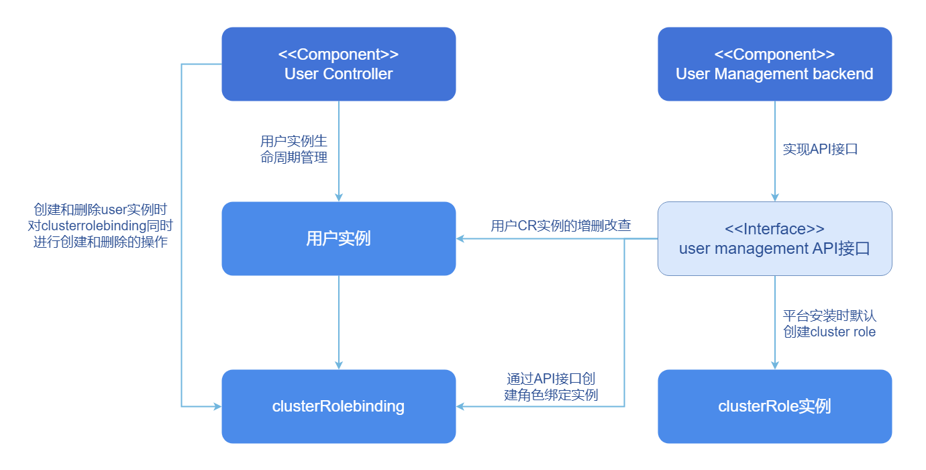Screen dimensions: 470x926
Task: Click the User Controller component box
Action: pyautogui.click(x=338, y=64)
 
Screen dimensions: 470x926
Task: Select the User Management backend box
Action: pyautogui.click(x=774, y=64)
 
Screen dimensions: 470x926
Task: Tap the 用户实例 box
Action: pyautogui.click(x=338, y=238)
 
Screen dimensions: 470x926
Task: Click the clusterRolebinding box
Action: pyautogui.click(x=338, y=406)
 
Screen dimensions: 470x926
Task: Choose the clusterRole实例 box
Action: pyautogui.click(x=774, y=406)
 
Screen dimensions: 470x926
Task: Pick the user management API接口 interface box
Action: pyautogui.click(x=774, y=238)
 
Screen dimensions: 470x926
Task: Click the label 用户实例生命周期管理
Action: pyautogui.click(x=294, y=149)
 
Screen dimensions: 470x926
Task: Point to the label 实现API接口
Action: pyautogui.click(x=820, y=149)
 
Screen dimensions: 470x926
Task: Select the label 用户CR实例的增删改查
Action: pyautogui.click(x=560, y=226)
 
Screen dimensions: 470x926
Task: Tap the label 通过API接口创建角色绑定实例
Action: pyautogui.click(x=551, y=387)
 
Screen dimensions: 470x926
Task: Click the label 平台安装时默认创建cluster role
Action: pyautogui.click(x=829, y=323)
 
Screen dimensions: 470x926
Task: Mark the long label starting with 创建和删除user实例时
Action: pyautogui.click(x=101, y=226)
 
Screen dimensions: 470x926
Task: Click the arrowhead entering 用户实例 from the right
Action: pyautogui.click(x=461, y=238)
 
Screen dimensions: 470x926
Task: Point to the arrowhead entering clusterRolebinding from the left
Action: pyautogui.click(x=217, y=406)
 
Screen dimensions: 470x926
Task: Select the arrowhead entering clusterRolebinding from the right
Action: pyautogui.click(x=461, y=406)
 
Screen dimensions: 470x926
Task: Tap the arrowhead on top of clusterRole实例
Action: pyautogui.click(x=775, y=365)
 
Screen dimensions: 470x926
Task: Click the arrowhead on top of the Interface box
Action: pyautogui.click(x=775, y=197)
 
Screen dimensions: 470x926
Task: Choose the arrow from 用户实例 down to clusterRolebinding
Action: pyautogui.click(x=339, y=322)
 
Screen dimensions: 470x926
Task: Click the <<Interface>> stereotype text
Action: pyautogui.click(x=774, y=228)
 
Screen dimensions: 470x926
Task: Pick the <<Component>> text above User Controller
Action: pyautogui.click(x=338, y=54)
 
